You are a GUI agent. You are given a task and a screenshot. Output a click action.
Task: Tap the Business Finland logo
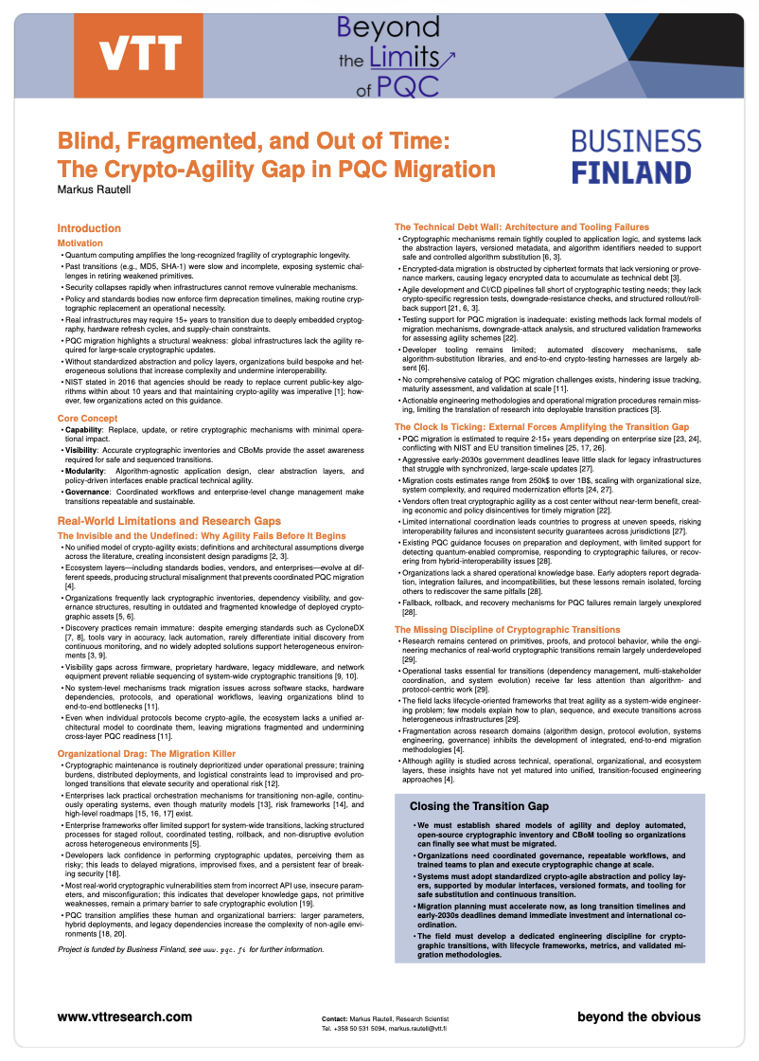643,156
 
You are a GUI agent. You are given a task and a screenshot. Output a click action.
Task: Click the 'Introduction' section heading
89,228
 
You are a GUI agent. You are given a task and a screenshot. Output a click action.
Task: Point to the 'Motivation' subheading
80,243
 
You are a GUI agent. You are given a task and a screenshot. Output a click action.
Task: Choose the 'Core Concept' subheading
86,418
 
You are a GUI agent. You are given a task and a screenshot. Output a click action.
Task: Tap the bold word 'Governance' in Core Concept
88,491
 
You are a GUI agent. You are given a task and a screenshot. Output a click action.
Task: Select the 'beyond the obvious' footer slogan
639,1016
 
